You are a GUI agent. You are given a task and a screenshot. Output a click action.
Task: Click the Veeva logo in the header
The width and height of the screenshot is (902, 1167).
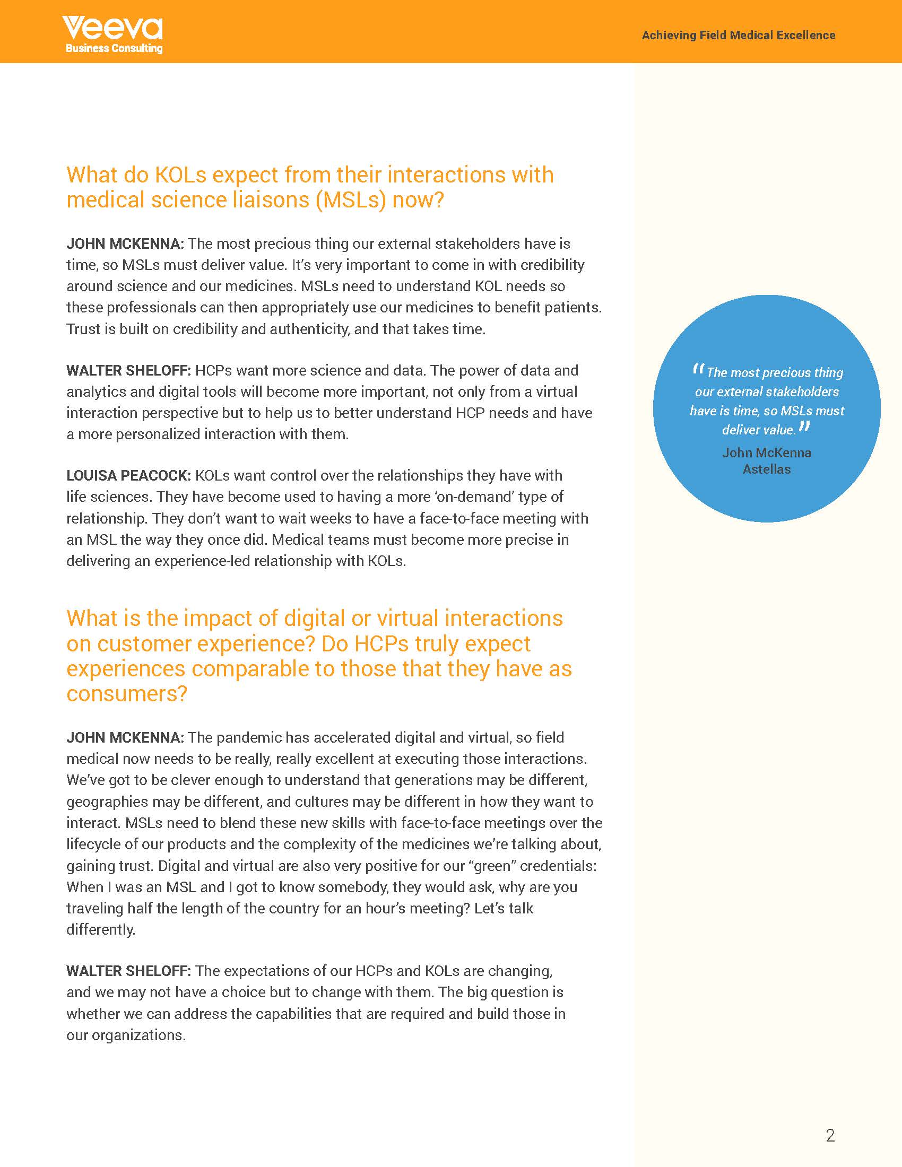(112, 28)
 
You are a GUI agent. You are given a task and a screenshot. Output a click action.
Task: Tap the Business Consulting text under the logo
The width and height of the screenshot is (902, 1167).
(114, 49)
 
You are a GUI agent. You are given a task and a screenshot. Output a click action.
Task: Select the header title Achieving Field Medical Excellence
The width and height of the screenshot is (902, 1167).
(738, 35)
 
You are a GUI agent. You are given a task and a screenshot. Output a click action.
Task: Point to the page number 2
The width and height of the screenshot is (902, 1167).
(830, 1136)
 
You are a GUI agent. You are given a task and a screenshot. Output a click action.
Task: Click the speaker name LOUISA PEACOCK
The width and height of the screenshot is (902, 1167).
(128, 476)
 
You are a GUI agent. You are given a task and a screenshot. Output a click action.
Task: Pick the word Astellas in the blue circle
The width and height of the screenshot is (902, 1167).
(766, 469)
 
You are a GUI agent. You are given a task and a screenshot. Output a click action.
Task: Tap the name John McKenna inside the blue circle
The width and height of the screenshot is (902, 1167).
(766, 452)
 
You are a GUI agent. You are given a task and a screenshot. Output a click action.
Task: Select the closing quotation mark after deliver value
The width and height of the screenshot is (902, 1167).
(804, 426)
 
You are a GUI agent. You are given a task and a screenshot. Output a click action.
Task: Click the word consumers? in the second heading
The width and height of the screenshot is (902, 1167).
(127, 694)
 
